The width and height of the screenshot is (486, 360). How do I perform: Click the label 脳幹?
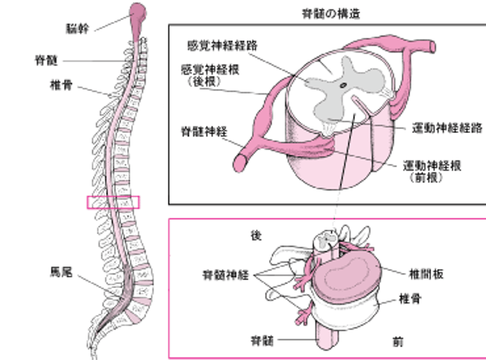tap(77, 28)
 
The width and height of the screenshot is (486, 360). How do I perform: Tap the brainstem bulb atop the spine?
tap(139, 12)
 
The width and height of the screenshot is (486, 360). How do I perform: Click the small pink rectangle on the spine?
tap(113, 202)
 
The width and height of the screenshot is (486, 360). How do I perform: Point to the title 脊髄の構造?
tap(331, 13)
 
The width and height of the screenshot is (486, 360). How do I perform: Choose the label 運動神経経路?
tap(447, 128)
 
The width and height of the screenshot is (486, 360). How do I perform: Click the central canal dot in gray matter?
tap(341, 84)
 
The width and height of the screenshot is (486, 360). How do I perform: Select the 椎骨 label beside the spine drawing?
tap(60, 85)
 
